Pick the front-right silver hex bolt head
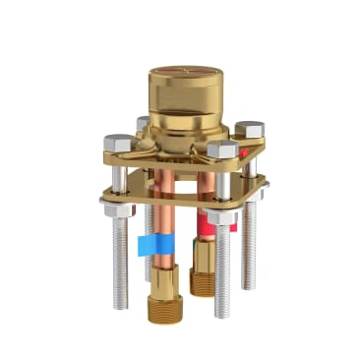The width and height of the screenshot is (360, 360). [x=223, y=150]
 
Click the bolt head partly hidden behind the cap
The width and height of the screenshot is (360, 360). [x=144, y=123]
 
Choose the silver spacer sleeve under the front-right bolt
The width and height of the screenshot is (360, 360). [x=222, y=184]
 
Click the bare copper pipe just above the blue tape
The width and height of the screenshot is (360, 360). [x=154, y=211]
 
